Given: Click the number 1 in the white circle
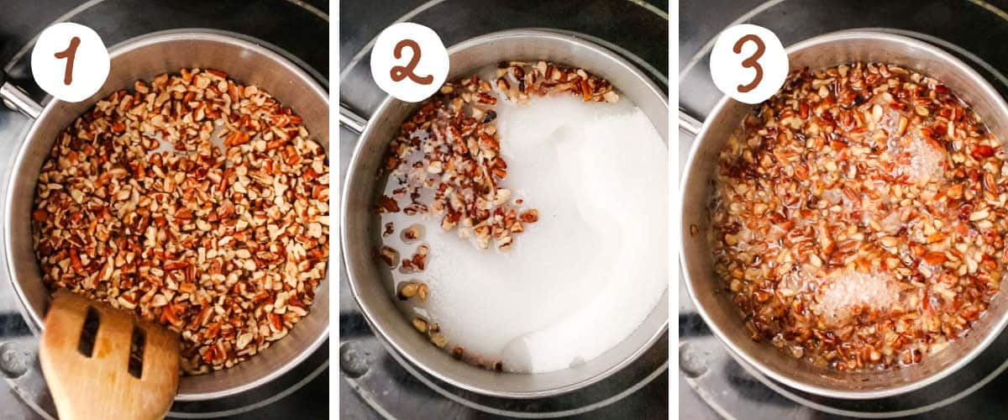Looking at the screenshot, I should pos(70,61).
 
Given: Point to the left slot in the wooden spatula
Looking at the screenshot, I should pos(88,332).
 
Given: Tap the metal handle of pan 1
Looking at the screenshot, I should pos(17,98).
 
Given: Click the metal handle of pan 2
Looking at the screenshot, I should pos(352,118).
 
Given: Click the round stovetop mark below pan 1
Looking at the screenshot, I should pos(16,360).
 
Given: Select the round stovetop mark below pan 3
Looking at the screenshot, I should pos(695,360).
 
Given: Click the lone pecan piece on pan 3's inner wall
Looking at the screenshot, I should pos(694,229).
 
